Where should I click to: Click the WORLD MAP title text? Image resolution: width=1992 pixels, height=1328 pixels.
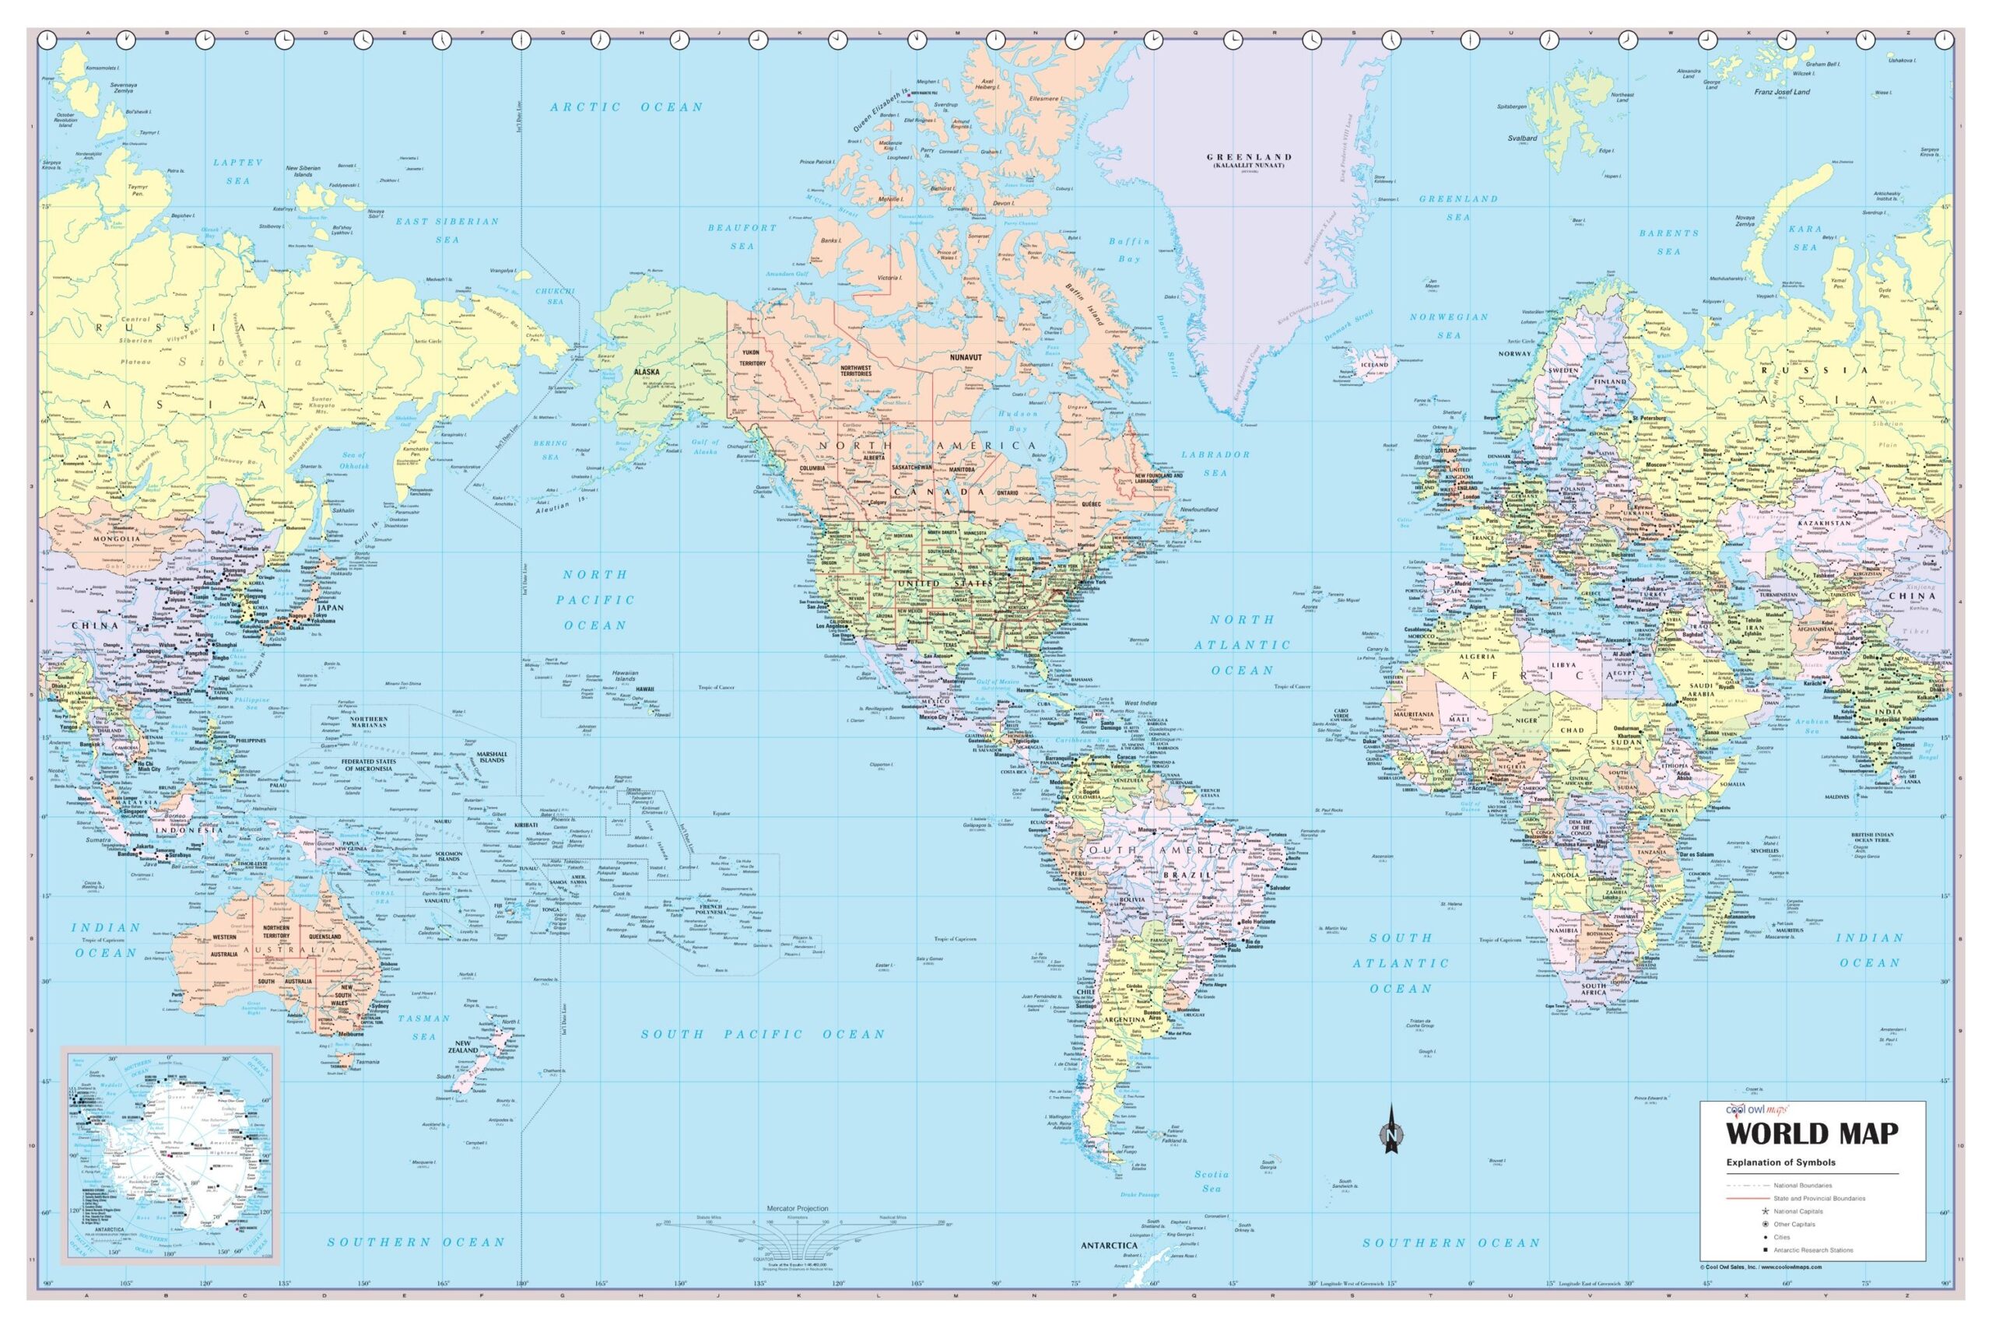(x=1811, y=1134)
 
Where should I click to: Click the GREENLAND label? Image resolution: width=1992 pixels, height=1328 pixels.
(x=1249, y=157)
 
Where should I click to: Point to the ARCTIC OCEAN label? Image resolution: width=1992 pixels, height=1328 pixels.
(x=626, y=107)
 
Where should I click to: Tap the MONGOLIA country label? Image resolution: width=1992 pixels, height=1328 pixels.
(x=116, y=538)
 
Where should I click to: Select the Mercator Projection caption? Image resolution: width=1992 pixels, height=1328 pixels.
(x=797, y=1209)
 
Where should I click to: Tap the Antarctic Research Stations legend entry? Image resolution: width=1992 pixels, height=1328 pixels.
(x=1813, y=1250)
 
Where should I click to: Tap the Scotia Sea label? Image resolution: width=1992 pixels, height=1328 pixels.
(x=1211, y=1182)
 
